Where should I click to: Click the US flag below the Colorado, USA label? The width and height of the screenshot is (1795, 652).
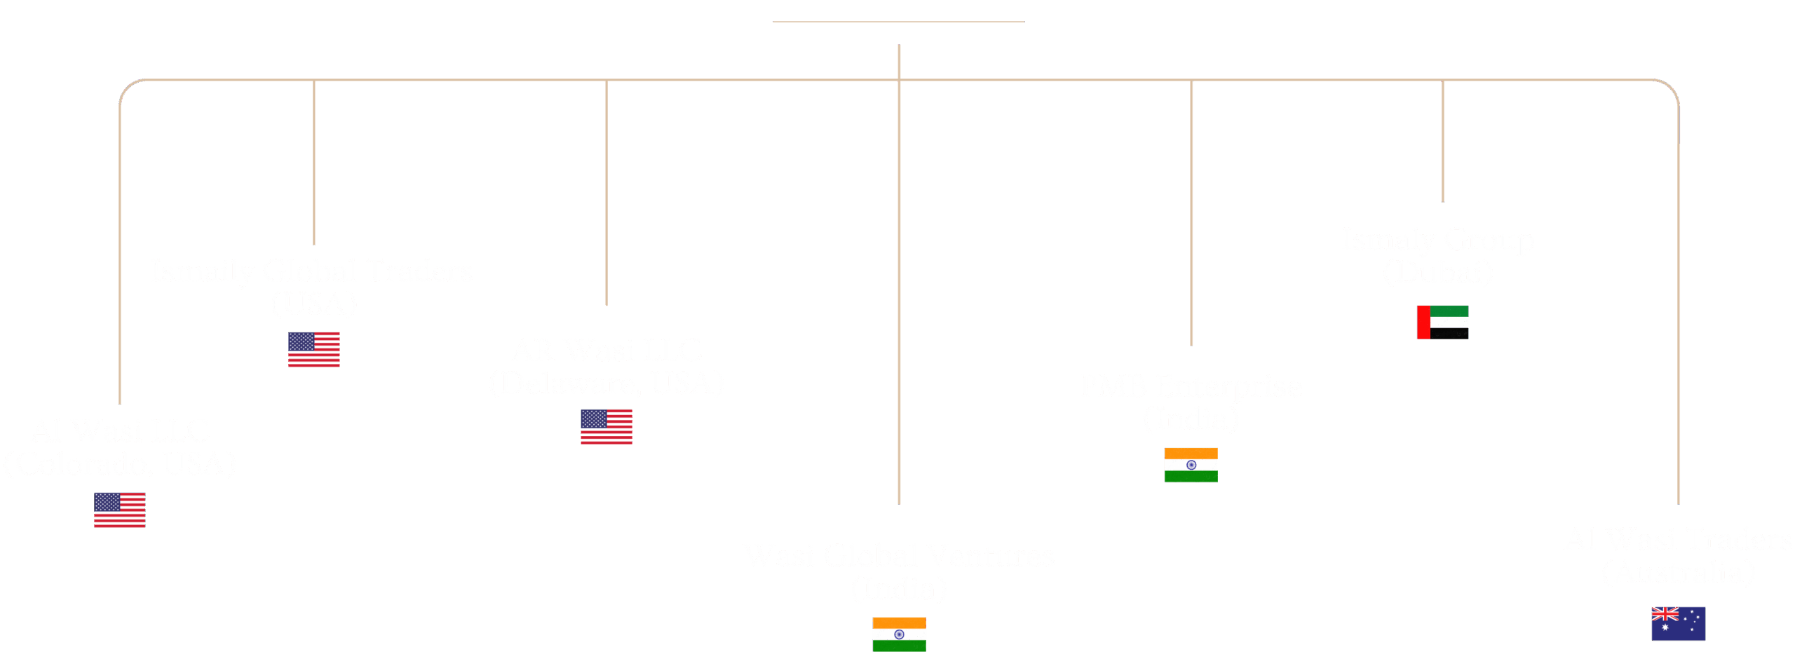click(120, 510)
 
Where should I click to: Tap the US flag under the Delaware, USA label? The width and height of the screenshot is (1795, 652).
click(607, 426)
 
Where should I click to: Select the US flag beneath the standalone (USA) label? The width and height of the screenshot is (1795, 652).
click(314, 349)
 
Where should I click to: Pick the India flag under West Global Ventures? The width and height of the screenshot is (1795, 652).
click(899, 634)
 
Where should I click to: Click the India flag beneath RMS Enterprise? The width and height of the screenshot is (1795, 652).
click(1191, 465)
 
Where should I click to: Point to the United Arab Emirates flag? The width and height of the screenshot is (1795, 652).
click(1442, 322)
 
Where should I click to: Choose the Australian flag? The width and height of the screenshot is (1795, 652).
click(1678, 623)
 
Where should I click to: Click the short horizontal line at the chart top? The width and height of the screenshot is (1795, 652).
click(898, 22)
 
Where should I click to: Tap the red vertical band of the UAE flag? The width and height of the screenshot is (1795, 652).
click(1423, 322)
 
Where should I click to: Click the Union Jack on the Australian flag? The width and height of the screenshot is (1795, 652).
click(1665, 615)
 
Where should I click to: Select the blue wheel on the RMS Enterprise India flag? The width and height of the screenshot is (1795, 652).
click(1191, 465)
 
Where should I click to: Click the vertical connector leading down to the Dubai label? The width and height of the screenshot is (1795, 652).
click(1442, 140)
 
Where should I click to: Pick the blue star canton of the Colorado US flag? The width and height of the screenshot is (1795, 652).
click(107, 502)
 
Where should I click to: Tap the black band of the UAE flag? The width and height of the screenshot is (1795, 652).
click(1449, 334)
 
